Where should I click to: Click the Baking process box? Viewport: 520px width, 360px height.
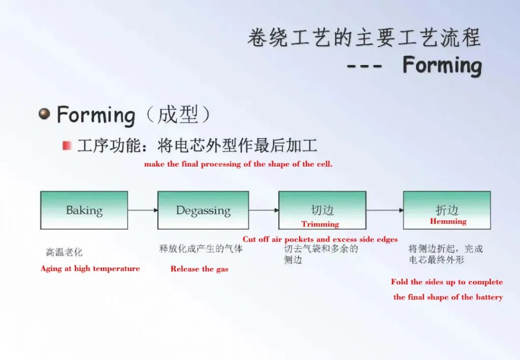click(x=84, y=210)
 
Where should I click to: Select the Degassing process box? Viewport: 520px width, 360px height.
click(x=203, y=210)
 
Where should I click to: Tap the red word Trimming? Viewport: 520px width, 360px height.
click(x=320, y=224)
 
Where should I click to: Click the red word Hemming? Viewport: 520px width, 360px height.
click(x=448, y=221)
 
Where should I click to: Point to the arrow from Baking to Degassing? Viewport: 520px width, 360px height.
click(x=143, y=210)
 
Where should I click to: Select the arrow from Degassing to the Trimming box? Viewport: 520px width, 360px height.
click(x=264, y=210)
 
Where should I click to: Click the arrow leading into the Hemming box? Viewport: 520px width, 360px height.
click(x=385, y=210)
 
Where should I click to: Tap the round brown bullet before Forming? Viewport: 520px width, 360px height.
click(x=45, y=114)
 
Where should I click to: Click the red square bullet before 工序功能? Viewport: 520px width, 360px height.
click(x=67, y=146)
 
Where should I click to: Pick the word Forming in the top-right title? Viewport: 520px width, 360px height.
click(x=442, y=66)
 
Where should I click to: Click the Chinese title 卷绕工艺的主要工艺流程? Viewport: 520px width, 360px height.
click(x=364, y=37)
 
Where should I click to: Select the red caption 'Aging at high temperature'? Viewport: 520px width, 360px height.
click(x=90, y=269)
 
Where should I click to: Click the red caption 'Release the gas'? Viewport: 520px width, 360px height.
click(x=199, y=269)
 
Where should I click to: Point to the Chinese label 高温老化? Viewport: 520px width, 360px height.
click(x=64, y=252)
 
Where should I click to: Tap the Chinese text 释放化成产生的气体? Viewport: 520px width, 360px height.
click(x=201, y=248)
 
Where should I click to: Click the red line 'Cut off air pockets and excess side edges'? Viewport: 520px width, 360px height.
click(x=320, y=239)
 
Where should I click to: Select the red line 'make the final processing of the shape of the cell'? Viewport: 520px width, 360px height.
click(x=238, y=164)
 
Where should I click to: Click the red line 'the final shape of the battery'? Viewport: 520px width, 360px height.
click(x=448, y=297)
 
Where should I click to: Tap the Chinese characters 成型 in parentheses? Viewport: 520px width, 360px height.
click(x=178, y=115)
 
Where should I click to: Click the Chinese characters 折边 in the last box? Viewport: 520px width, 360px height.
click(x=447, y=210)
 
